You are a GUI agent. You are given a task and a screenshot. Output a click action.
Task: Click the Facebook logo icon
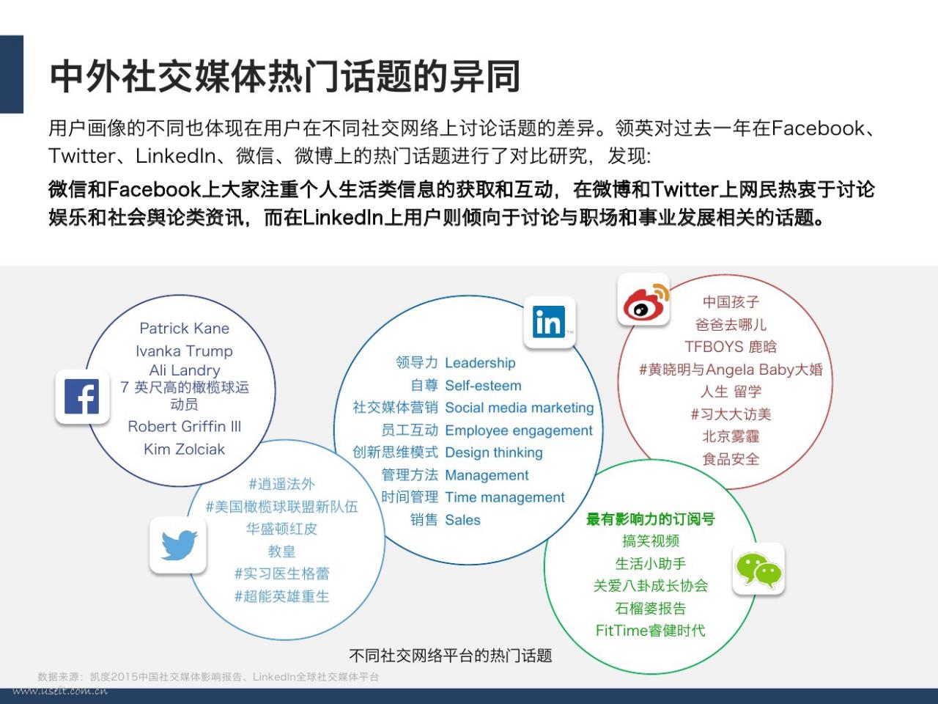tap(81, 396)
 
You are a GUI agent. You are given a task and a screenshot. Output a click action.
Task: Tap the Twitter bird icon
tap(178, 545)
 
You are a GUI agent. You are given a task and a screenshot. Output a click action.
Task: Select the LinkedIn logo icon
tap(549, 322)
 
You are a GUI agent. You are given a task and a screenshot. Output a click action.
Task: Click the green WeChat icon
tap(758, 568)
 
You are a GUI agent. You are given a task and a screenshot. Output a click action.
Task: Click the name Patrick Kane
tap(184, 329)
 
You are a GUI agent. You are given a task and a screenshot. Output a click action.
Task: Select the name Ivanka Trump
tap(184, 351)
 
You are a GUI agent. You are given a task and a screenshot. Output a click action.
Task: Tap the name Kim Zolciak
tap(184, 449)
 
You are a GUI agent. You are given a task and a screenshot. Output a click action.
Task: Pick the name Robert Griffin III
tap(184, 426)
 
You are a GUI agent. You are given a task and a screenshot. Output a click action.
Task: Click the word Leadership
tap(480, 362)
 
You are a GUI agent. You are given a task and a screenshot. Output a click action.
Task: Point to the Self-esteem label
tap(484, 386)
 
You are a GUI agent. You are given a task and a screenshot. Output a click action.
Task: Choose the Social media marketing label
tap(520, 408)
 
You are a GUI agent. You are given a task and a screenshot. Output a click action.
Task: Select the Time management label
tap(505, 497)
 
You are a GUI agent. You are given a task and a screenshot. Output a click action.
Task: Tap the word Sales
tap(463, 520)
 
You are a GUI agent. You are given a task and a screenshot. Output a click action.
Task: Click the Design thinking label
tap(494, 452)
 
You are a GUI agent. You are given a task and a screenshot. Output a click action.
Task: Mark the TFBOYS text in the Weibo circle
tap(708, 346)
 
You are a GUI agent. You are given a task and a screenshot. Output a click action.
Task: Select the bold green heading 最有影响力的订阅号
tap(651, 519)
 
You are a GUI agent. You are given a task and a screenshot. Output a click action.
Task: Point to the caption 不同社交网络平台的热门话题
tap(451, 656)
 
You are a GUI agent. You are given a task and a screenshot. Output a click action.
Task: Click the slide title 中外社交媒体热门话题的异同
tap(284, 76)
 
